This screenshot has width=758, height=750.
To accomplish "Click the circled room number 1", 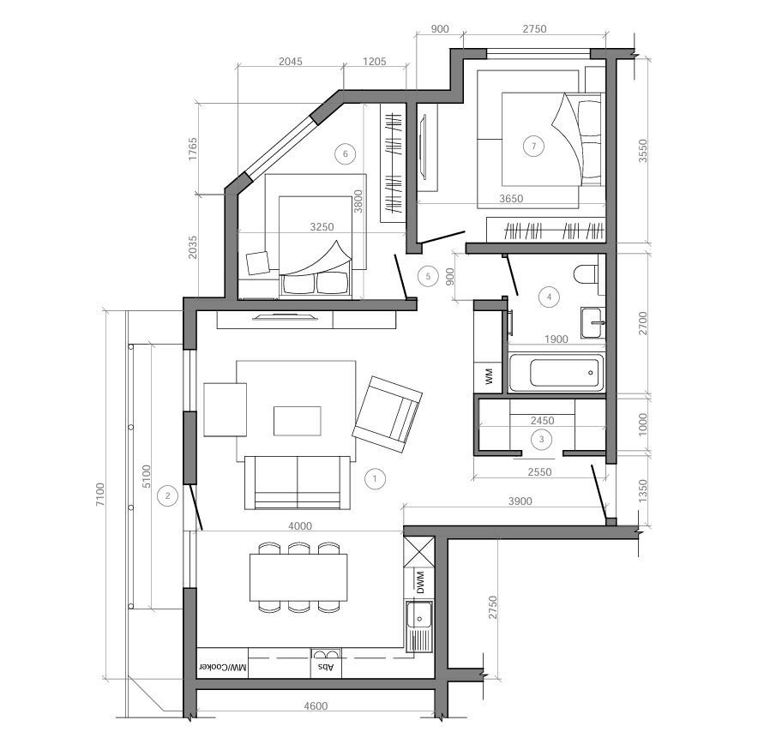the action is pos(375,479).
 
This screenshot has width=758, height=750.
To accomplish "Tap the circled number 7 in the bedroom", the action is pos(533,146).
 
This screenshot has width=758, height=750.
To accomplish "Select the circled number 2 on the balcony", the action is pos(168,495).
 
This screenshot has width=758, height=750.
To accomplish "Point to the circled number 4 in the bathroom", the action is pos(549,297).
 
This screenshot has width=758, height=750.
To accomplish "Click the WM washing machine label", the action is pos(489,376).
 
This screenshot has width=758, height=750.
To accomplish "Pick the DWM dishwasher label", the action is pos(420,582).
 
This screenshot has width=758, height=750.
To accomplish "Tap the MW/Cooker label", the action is pos(222,668).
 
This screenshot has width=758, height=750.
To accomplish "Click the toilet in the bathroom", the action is pos(587,274).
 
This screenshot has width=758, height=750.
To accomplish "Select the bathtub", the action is pos(556,373).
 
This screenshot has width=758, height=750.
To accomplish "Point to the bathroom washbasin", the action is pos(593,322).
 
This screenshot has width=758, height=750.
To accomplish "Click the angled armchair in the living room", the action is pos(388,414).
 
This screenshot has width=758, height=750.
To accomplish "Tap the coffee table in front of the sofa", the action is pos(298,421).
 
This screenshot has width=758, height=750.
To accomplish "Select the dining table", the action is pos(298,578).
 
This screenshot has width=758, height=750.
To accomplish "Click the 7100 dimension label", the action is pos(100,495).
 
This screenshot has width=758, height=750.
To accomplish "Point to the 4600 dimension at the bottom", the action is pos(316,706).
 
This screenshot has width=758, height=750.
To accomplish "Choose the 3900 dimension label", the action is pos(520,501).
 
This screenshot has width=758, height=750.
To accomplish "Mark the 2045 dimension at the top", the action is pos(291,62).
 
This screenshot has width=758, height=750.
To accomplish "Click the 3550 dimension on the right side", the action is pos(642,151).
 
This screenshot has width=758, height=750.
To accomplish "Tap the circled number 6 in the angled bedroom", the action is pos(346,154).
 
